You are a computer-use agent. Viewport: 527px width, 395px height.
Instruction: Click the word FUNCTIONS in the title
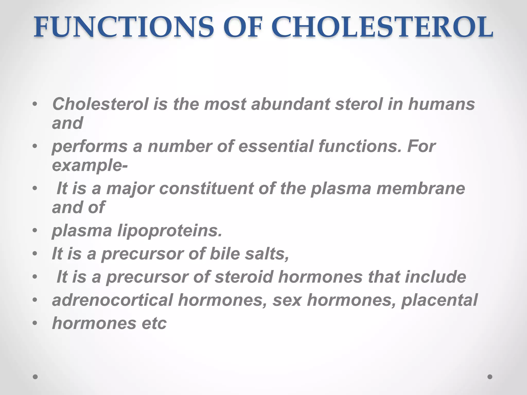click(124, 28)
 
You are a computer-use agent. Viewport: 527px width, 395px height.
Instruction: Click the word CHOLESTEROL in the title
click(382, 28)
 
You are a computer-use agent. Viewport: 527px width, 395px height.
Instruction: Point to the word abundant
click(290, 104)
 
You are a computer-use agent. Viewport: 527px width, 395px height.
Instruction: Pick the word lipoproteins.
click(170, 231)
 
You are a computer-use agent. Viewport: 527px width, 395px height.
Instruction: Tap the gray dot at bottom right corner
click(490, 377)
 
